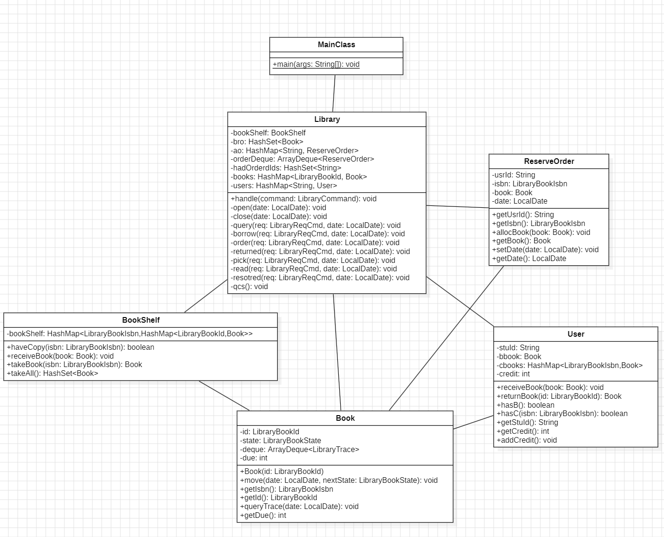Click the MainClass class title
pyautogui.click(x=336, y=45)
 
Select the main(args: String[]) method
pyautogui.click(x=316, y=64)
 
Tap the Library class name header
pyautogui.click(x=327, y=120)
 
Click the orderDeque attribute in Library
pyautogui.click(x=302, y=159)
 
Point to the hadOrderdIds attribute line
pyautogui.click(x=286, y=168)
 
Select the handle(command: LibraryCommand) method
pyautogui.click(x=303, y=199)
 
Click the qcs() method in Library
pyautogui.click(x=249, y=287)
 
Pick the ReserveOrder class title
pyautogui.click(x=549, y=162)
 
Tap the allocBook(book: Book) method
pyautogui.click(x=541, y=233)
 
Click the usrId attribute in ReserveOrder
pyautogui.click(x=513, y=175)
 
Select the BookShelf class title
pyautogui.click(x=140, y=320)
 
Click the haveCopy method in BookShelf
pyautogui.click(x=80, y=347)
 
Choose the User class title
pyautogui.click(x=576, y=334)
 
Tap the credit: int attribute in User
pyautogui.click(x=513, y=374)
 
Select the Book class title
pyautogui.click(x=345, y=418)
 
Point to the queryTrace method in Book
pyautogui.click(x=299, y=507)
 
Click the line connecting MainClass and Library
pyautogui.click(x=334, y=93)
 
